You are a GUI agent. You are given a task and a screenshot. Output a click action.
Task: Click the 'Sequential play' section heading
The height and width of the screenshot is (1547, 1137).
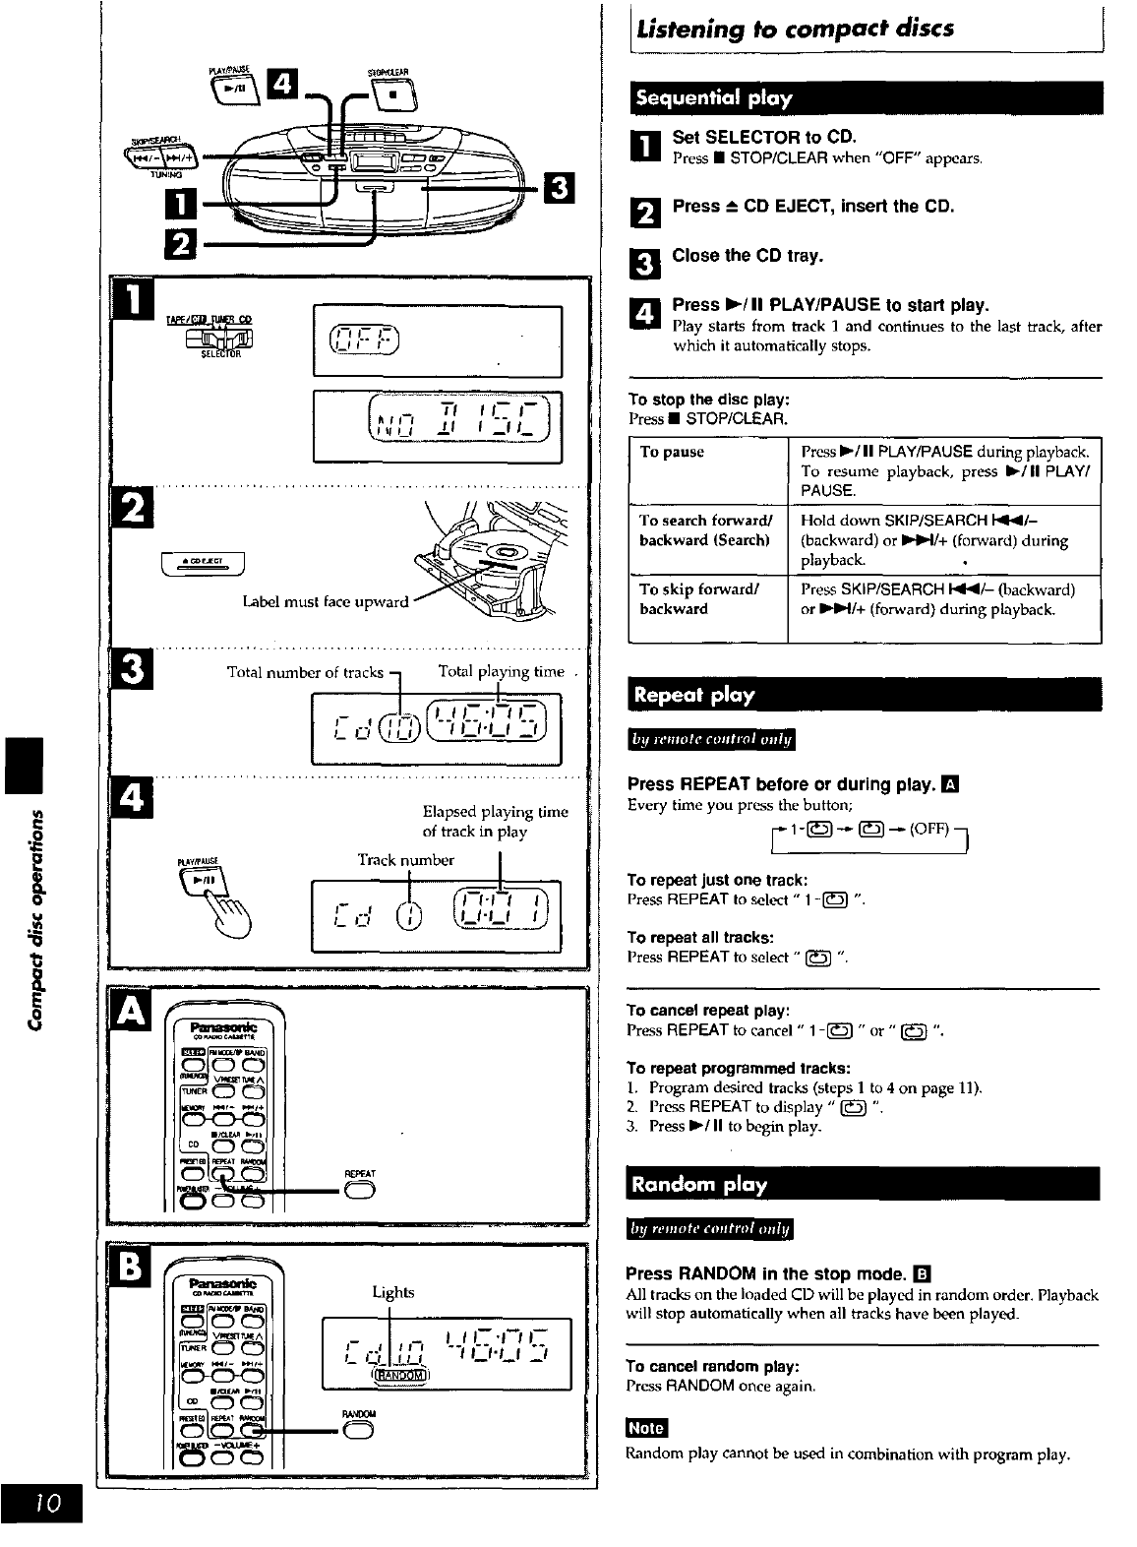pyautogui.click(x=714, y=98)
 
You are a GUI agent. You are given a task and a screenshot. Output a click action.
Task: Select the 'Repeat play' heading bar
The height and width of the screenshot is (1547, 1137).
pyautogui.click(x=694, y=696)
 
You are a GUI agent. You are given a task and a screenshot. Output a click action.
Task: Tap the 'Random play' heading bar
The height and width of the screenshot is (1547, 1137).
pyautogui.click(x=699, y=1184)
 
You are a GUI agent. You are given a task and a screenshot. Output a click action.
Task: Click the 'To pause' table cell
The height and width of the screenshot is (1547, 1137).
pyautogui.click(x=672, y=453)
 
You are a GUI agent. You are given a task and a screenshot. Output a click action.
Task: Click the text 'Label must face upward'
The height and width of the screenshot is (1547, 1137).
pyautogui.click(x=325, y=601)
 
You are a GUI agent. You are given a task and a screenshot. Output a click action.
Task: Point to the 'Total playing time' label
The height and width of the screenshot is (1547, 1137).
pyautogui.click(x=502, y=672)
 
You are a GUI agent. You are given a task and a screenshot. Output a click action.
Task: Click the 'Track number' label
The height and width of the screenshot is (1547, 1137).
pyautogui.click(x=405, y=860)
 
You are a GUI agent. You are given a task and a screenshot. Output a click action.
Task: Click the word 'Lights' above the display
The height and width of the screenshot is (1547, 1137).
pyautogui.click(x=392, y=1292)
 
